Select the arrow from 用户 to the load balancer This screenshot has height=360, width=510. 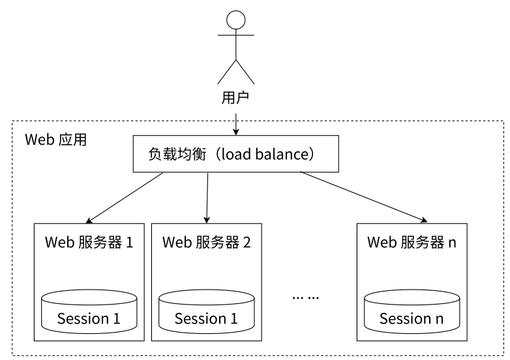point(235,123)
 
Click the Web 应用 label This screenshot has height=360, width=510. point(55,140)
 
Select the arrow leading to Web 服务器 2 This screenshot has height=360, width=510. point(207,197)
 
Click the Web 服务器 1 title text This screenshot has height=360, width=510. point(89,243)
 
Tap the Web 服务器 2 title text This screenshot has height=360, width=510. point(207,243)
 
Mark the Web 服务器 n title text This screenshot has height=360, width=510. point(412,243)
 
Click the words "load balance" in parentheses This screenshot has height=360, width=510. point(264,155)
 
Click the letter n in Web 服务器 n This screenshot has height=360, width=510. point(453,243)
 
